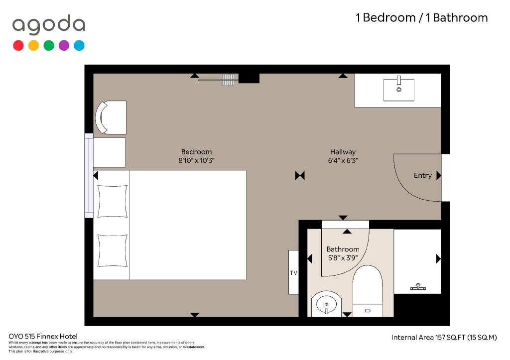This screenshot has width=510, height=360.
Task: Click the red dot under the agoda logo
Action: (18, 45)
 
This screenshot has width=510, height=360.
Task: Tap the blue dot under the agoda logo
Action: (79, 45)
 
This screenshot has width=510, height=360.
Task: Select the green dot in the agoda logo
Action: (49, 45)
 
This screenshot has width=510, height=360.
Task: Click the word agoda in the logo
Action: (49, 25)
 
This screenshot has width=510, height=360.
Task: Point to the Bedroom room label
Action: (196, 152)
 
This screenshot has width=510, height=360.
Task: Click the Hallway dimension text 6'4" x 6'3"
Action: (343, 160)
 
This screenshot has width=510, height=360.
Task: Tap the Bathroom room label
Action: (343, 249)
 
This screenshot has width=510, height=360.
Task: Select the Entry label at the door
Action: (422, 176)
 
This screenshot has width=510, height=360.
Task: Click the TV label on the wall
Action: (293, 273)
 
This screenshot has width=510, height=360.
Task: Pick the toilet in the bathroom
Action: (368, 291)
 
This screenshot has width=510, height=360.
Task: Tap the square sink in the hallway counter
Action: (399, 90)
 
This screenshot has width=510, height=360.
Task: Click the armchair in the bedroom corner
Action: (111, 118)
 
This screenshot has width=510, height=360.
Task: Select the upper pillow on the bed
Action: (113, 201)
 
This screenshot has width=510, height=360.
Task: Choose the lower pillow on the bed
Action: (113, 251)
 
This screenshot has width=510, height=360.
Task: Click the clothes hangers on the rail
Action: (228, 80)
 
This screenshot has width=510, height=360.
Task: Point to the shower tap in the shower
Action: (418, 287)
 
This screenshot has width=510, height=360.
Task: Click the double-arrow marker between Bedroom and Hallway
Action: (300, 176)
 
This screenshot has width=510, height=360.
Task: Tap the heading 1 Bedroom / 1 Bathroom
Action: (422, 17)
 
